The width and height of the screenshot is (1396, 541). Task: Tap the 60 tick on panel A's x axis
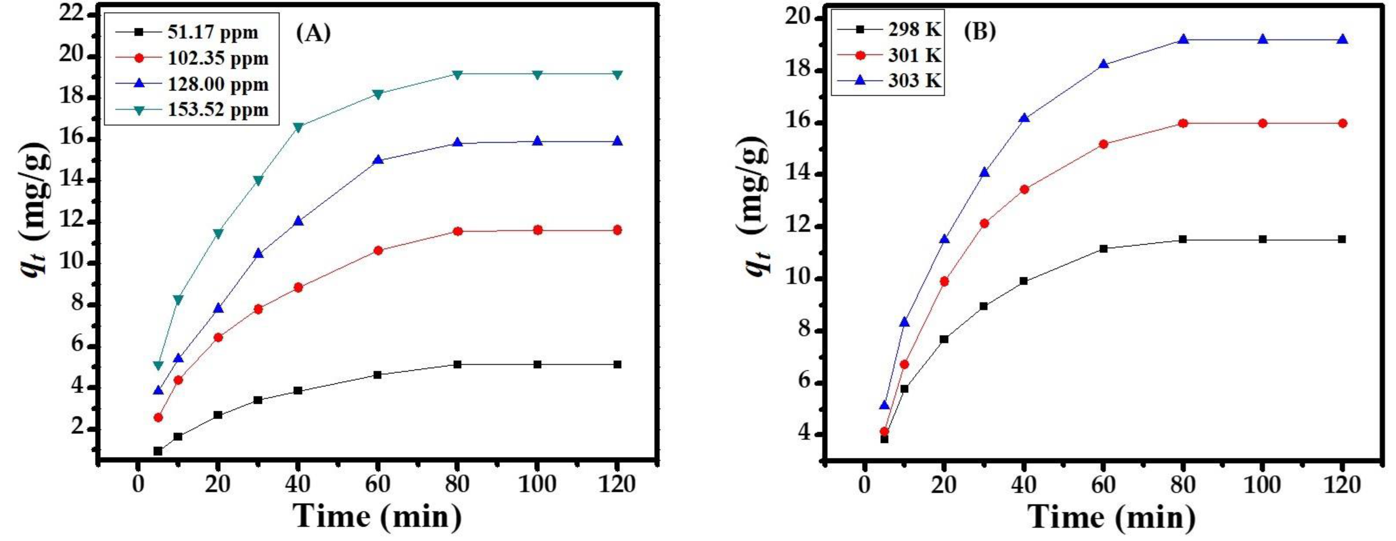point(378,484)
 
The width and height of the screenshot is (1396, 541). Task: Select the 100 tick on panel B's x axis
point(1262,484)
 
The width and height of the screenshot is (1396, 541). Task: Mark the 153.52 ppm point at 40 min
point(298,127)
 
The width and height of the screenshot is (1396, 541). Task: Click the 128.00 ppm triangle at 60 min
point(378,160)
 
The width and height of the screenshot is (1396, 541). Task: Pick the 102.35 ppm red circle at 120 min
point(617,230)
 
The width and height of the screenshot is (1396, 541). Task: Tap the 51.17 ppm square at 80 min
point(457,364)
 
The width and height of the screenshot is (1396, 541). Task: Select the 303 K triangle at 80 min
point(1183,40)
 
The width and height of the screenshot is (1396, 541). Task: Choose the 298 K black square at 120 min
point(1342,239)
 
